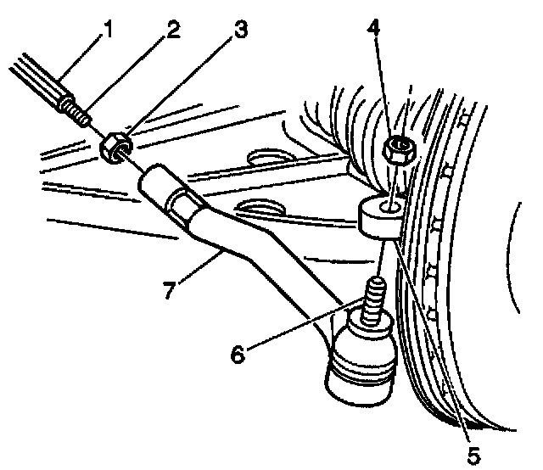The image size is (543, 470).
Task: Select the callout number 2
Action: pos(172,31)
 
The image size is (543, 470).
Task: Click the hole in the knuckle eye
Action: pos(387,204)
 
